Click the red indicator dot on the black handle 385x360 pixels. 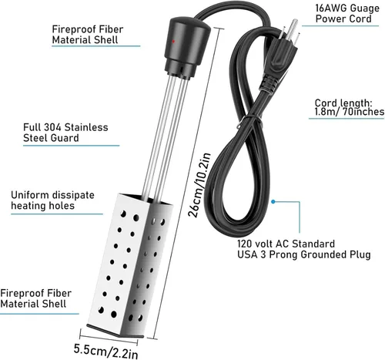coord(174,41)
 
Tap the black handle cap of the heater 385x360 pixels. coord(187,46)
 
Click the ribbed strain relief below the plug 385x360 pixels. coord(269,83)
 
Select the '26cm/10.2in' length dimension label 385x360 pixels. coord(199,185)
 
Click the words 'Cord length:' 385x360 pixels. coord(343,103)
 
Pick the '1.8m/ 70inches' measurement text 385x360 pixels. coord(350,112)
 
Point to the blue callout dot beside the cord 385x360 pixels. coord(273,202)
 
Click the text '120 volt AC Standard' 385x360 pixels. coord(286,244)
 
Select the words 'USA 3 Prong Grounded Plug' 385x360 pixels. coord(304,254)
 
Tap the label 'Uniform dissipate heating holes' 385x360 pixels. coord(52,200)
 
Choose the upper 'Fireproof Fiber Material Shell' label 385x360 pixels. coord(88,35)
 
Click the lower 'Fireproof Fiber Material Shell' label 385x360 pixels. coord(35,298)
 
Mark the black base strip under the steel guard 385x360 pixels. coord(115,331)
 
